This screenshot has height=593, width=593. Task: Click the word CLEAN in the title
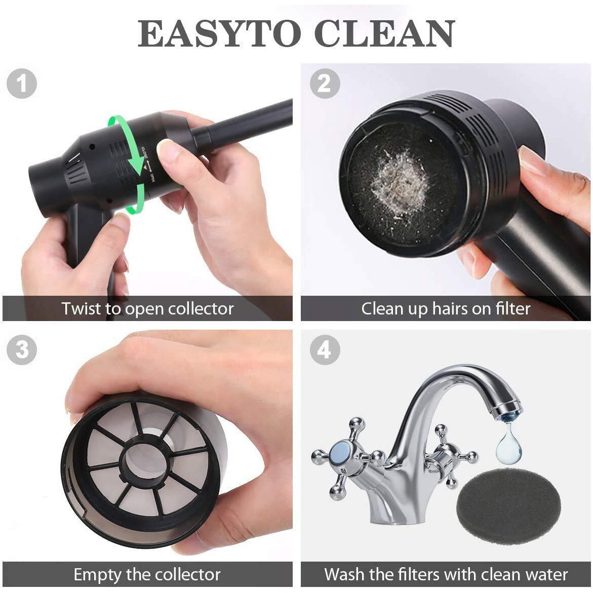tap(384, 34)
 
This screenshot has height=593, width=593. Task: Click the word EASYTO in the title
tap(219, 34)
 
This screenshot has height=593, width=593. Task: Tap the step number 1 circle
tap(21, 84)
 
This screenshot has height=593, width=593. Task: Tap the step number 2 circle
tap(324, 84)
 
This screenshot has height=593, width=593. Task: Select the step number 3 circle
tap(21, 349)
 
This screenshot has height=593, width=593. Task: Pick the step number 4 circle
tap(324, 349)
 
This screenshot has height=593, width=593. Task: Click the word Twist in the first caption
tap(82, 308)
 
